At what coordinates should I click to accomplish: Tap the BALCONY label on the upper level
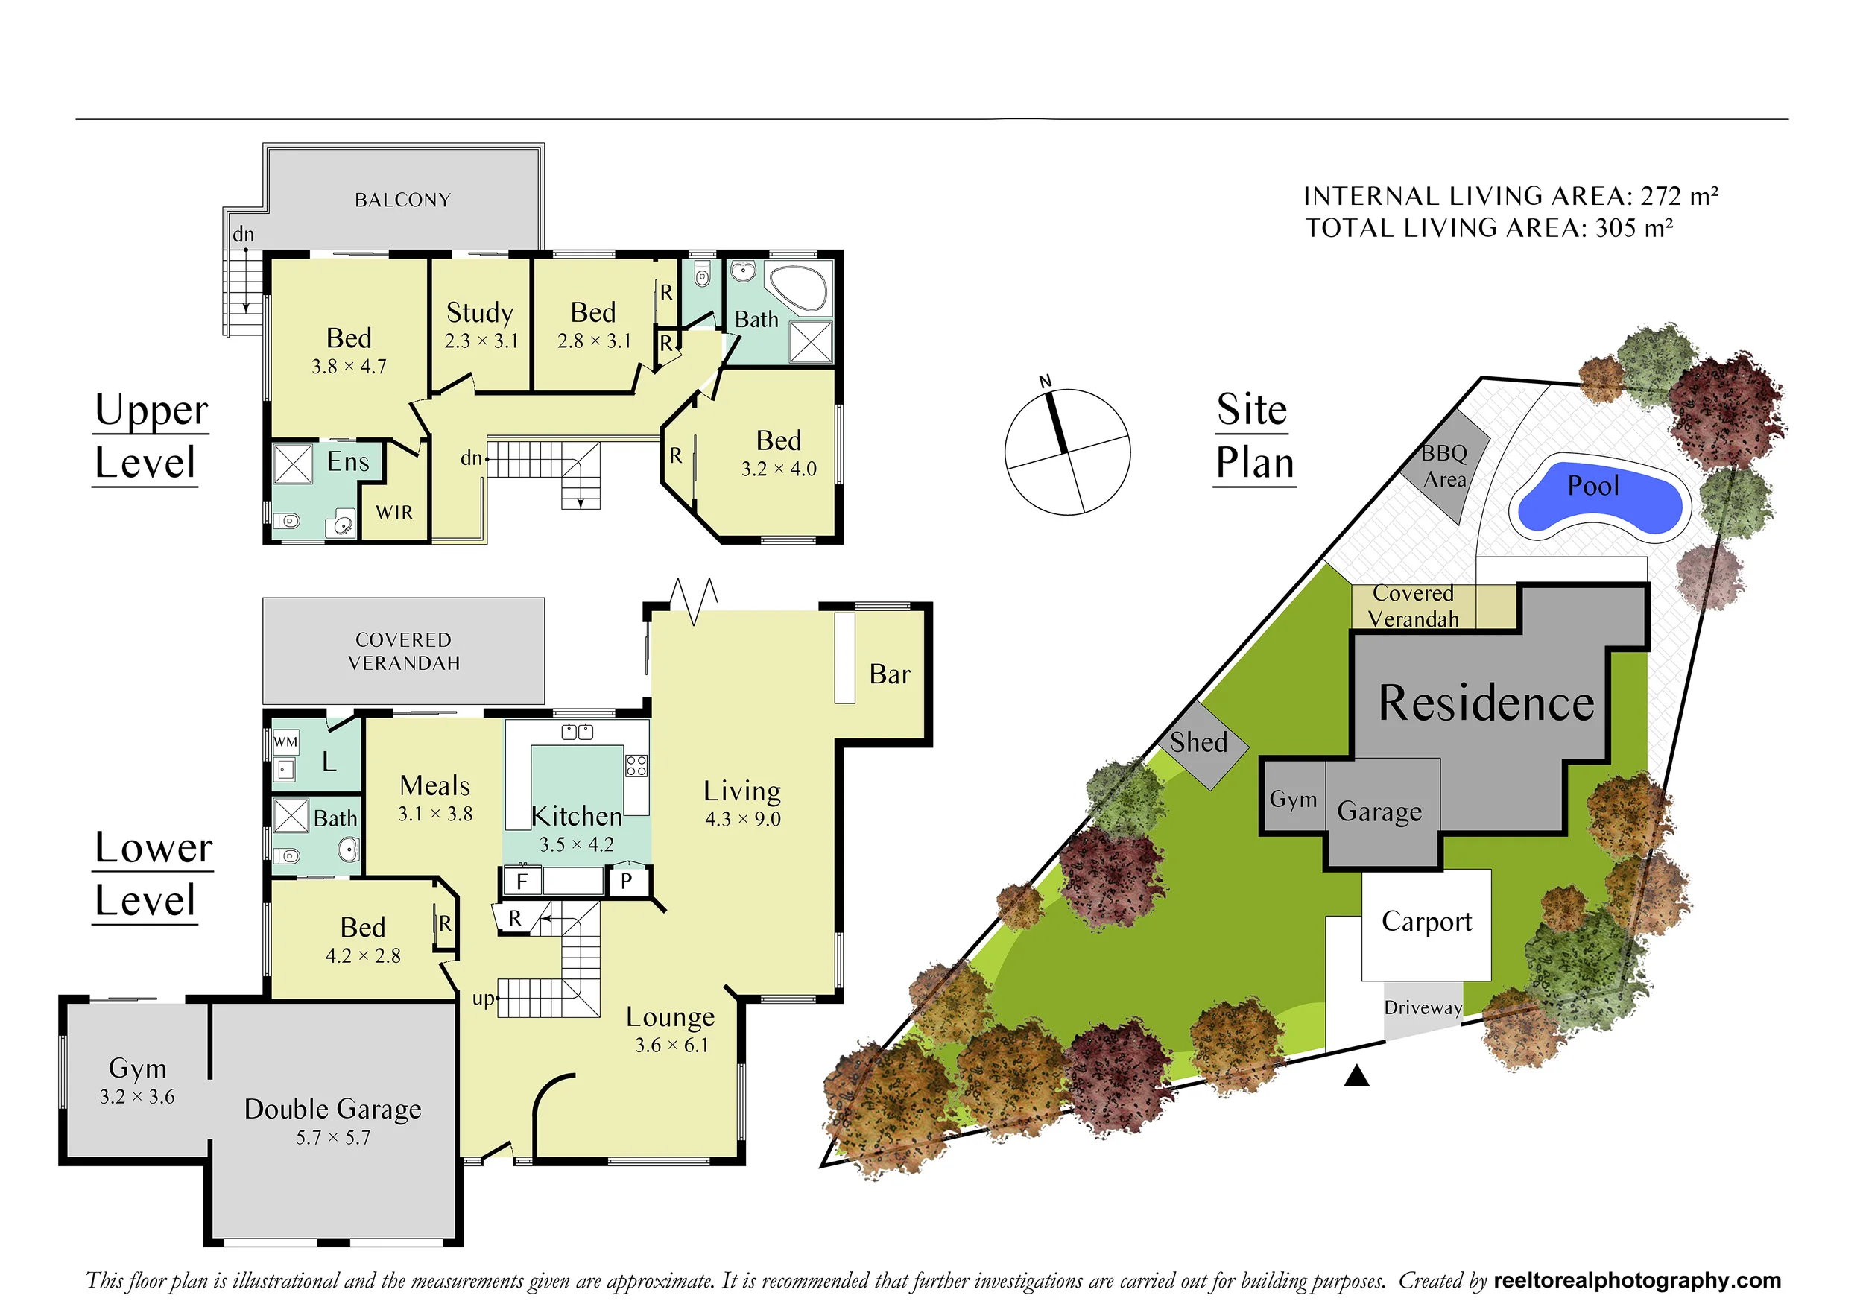[x=402, y=200]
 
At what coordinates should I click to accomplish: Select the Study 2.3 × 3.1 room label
[x=481, y=325]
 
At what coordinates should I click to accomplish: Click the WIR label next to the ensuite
[x=394, y=513]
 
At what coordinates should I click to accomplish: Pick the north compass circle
[x=1067, y=452]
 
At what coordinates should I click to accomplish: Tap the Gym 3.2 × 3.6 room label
[x=137, y=1081]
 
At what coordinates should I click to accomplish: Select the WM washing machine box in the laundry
[x=285, y=741]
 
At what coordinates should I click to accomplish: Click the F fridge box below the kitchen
[x=522, y=880]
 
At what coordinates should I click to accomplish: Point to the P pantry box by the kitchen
[x=627, y=880]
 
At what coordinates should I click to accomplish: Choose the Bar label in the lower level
[x=889, y=674]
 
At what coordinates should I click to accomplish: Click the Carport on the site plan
[x=1426, y=925]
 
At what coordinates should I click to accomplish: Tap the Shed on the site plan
[x=1199, y=744]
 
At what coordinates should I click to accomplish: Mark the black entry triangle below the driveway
[x=1357, y=1076]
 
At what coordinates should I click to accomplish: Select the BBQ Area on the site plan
[x=1445, y=466]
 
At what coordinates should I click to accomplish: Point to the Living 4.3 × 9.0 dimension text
[x=742, y=820]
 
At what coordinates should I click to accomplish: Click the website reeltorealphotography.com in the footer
[x=1637, y=1280]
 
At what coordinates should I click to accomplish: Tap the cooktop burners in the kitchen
[x=636, y=765]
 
